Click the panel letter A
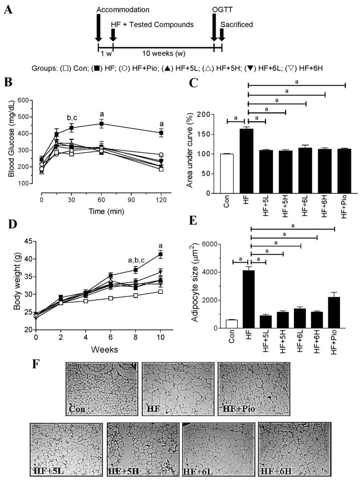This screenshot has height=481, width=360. [x=8, y=9]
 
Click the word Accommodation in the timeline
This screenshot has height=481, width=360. [x=129, y=9]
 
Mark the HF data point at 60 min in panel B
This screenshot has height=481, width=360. [x=102, y=124]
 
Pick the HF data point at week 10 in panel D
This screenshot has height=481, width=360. [x=160, y=255]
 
